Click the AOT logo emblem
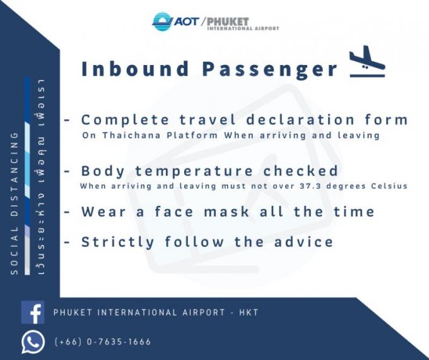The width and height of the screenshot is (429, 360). (163, 21)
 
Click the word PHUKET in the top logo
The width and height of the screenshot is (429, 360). (228, 21)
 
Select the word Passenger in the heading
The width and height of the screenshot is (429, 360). (270, 69)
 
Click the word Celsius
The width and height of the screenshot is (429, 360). (389, 186)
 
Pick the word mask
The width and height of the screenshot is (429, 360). (227, 212)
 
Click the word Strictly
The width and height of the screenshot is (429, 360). (118, 243)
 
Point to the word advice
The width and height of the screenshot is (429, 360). (303, 242)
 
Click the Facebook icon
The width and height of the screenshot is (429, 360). (33, 313)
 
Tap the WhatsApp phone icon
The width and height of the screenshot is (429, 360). (33, 342)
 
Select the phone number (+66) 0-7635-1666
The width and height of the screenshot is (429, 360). (103, 342)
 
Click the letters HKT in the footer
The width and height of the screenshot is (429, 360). (249, 313)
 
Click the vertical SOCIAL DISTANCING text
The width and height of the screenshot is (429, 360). (15, 203)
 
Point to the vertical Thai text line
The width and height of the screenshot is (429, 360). (40, 177)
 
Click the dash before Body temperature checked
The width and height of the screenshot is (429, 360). (67, 172)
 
